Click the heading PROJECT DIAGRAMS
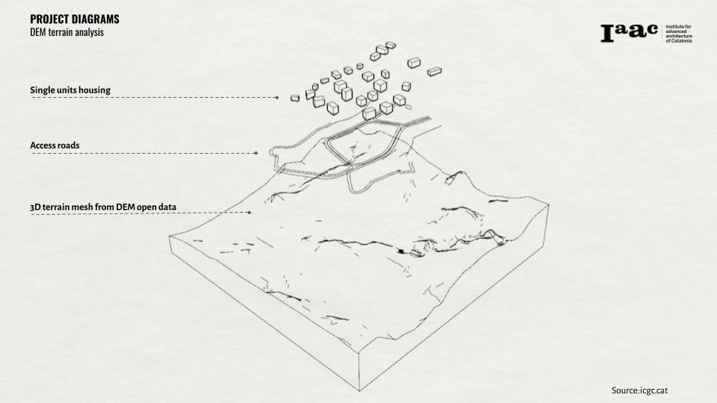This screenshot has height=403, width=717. (x=74, y=19)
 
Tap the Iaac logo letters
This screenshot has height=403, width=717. (x=629, y=32)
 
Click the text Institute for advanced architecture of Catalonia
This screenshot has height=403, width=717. (x=678, y=34)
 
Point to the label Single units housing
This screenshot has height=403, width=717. (x=70, y=90)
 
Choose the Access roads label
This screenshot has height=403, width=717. (x=55, y=145)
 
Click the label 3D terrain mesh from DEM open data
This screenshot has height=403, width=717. (x=103, y=205)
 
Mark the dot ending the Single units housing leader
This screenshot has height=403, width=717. (x=276, y=98)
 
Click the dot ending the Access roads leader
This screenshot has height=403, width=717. (x=256, y=153)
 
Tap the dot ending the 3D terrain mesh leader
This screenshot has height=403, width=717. (x=249, y=213)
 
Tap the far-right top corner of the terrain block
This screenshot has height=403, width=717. (x=547, y=207)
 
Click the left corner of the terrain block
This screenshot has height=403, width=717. (x=170, y=237)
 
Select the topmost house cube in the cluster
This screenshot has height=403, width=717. (x=390, y=45)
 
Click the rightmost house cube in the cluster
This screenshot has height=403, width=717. (x=434, y=71)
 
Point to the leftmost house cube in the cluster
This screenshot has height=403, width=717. (x=295, y=97)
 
